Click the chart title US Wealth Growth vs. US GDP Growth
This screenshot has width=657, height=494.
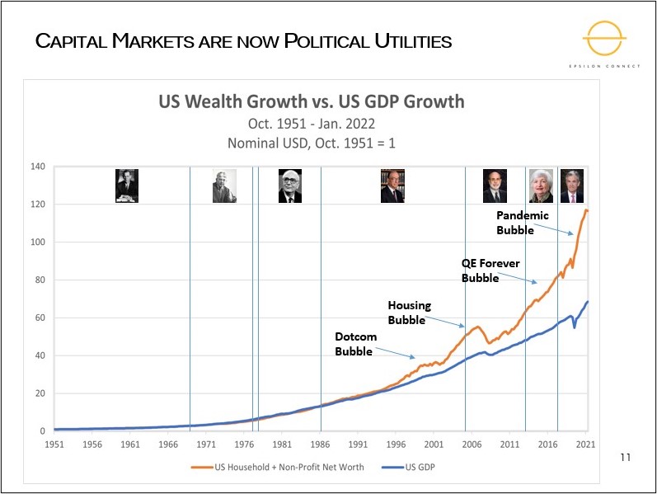pyautogui.click(x=312, y=102)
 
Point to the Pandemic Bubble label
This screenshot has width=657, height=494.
pyautogui.click(x=522, y=223)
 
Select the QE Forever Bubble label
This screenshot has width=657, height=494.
pyautogui.click(x=490, y=271)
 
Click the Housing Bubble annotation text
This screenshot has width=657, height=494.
pyautogui.click(x=409, y=313)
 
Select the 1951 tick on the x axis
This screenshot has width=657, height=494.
pyautogui.click(x=54, y=444)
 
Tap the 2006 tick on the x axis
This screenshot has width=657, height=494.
pyautogui.click(x=472, y=444)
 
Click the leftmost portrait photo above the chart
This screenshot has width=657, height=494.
pyautogui.click(x=126, y=186)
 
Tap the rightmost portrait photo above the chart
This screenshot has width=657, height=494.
pyautogui.click(x=571, y=186)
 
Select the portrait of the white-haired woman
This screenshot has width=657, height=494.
pyautogui.click(x=541, y=186)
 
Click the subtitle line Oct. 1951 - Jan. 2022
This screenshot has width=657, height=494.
pyautogui.click(x=312, y=124)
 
